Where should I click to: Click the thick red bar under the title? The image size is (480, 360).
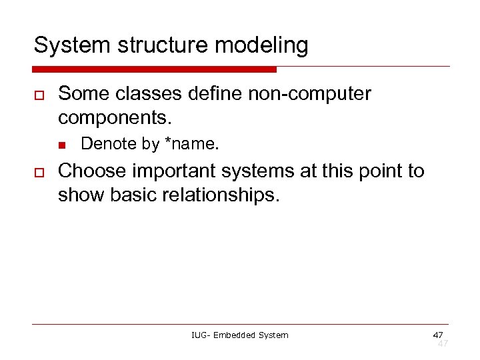[155, 69]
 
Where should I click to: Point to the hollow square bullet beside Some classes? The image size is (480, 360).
[39, 95]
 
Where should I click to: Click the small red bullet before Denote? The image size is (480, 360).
[62, 144]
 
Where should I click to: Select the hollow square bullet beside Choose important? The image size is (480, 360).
[39, 171]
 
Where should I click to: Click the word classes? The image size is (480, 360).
[151, 94]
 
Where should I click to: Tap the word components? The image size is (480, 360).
[115, 119]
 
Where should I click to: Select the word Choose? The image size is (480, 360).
[92, 171]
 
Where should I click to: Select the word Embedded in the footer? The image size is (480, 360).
[235, 335]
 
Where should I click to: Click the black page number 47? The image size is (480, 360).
[437, 334]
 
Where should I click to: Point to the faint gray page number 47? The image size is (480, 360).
[442, 343]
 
